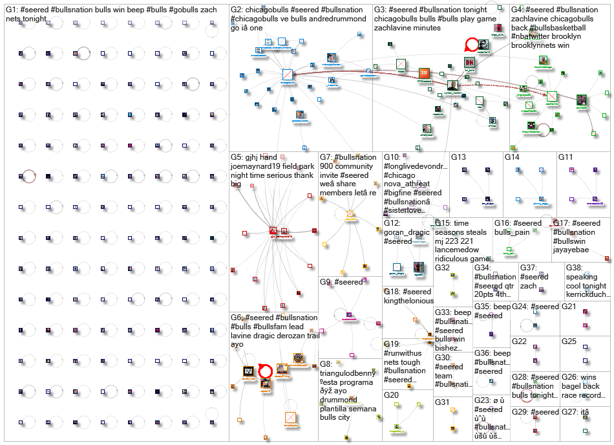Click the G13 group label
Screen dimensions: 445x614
pos(458,157)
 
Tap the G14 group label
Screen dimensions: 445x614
pos(512,157)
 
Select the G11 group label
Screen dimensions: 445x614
pos(566,157)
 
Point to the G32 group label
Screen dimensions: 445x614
pos(442,268)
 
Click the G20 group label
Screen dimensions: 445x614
pos(392,395)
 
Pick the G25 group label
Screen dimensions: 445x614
pos(569,341)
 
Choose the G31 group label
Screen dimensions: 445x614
pos(442,402)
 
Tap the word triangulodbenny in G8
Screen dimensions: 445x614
pos(350,374)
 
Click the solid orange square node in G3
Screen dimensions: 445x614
pos(423,74)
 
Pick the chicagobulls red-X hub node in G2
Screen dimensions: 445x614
pos(287,74)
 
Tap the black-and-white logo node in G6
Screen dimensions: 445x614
pos(249,372)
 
